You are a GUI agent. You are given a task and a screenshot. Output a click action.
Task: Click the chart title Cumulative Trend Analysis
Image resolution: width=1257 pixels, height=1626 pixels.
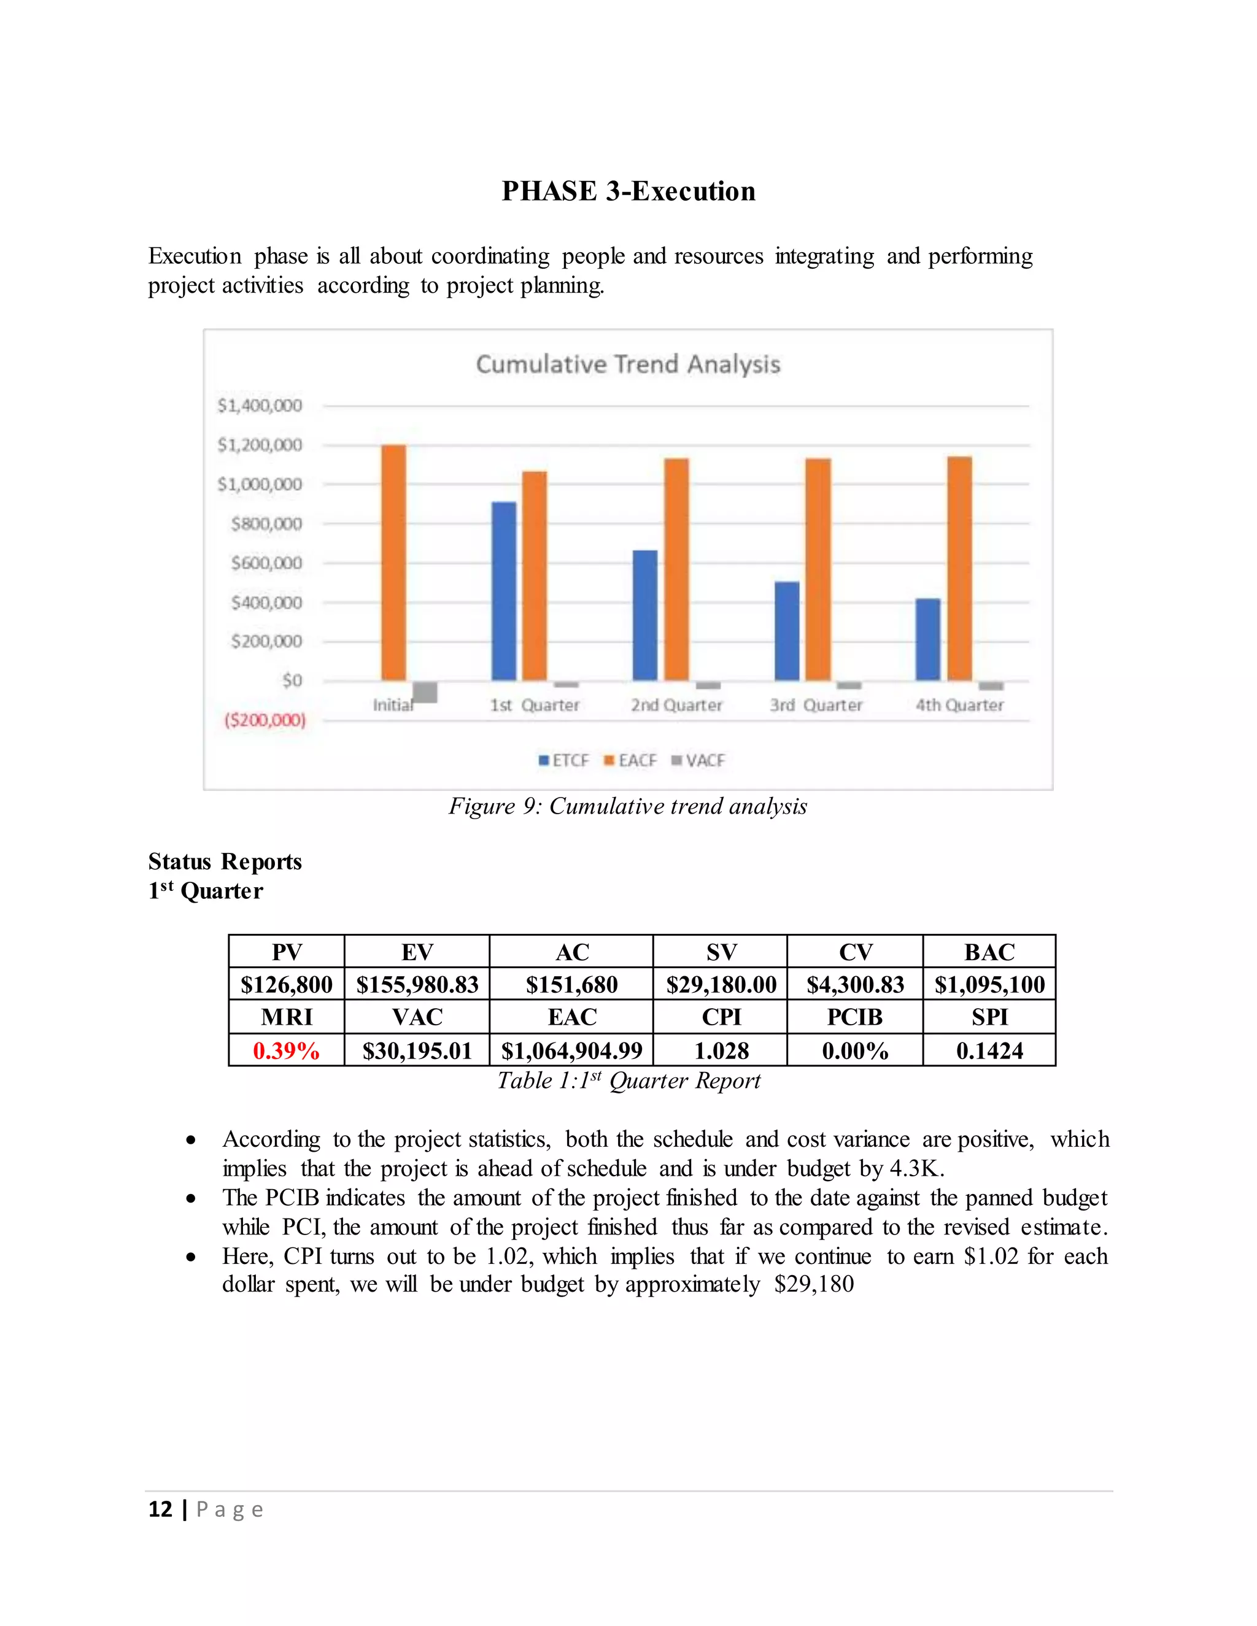point(628,364)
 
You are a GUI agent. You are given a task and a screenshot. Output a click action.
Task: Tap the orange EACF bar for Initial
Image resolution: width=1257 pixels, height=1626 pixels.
point(394,562)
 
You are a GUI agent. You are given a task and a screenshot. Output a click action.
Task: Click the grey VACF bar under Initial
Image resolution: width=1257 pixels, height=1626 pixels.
point(425,692)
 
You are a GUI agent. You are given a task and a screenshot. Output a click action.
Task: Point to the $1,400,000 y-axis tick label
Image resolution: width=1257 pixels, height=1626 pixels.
point(259,406)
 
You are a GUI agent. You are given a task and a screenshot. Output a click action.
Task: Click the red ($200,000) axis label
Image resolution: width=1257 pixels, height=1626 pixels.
point(265,720)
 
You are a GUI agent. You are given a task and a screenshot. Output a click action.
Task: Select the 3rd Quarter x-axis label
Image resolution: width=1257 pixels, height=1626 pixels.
point(816,705)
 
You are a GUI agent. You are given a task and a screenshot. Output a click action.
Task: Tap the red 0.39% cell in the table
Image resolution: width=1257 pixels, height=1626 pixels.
point(286,1050)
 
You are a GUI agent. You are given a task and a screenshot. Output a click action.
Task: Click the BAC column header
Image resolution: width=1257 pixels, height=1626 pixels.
point(989,952)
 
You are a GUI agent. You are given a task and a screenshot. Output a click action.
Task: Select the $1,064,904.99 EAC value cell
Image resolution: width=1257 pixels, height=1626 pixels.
point(571,1050)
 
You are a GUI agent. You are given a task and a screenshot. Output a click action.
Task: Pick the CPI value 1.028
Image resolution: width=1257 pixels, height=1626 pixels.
point(721,1050)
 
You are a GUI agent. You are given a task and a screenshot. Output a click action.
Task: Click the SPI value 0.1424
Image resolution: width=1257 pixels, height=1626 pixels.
point(989,1050)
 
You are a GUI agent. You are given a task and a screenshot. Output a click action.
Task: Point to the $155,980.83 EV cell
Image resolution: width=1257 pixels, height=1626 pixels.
point(417,985)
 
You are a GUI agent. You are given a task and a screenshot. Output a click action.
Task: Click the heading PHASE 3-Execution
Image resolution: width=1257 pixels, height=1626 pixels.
point(628,191)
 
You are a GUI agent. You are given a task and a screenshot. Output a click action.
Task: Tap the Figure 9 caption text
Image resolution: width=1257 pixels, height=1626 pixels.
point(628,806)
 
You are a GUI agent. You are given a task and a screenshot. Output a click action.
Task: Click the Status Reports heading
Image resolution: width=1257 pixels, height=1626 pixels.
point(225,861)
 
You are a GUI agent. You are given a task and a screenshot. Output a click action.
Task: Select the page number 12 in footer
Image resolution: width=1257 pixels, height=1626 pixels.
point(160,1509)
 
